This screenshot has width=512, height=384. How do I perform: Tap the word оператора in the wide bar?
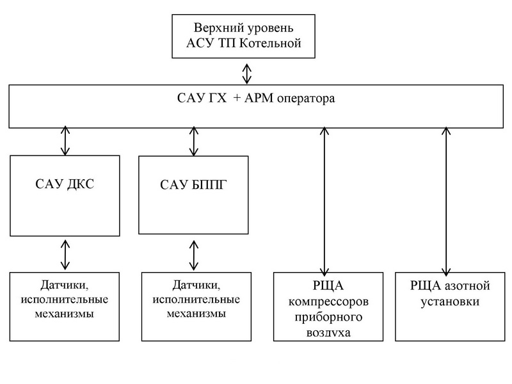click(x=299, y=100)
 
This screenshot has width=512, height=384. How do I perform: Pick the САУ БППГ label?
click(x=192, y=185)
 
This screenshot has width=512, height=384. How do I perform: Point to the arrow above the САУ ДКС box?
click(x=64, y=141)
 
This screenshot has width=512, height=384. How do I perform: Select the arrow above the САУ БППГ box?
click(x=193, y=141)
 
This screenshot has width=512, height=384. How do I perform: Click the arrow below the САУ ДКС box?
click(x=64, y=254)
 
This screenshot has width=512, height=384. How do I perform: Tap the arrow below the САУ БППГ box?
click(x=193, y=254)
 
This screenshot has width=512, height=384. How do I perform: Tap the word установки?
click(x=446, y=301)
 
